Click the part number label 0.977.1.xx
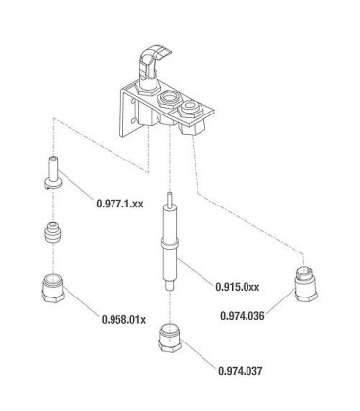119,204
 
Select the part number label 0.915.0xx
238,287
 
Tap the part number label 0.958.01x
123,319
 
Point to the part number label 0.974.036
243,316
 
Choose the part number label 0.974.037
241,371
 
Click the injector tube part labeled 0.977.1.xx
53,172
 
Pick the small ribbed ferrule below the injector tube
53,232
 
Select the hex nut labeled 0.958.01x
53,289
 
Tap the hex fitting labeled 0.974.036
306,284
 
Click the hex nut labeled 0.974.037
170,338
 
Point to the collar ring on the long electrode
170,243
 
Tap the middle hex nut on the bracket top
168,99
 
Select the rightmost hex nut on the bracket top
190,109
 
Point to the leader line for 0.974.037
199,353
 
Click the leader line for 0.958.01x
81,300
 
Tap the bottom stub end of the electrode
169,286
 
